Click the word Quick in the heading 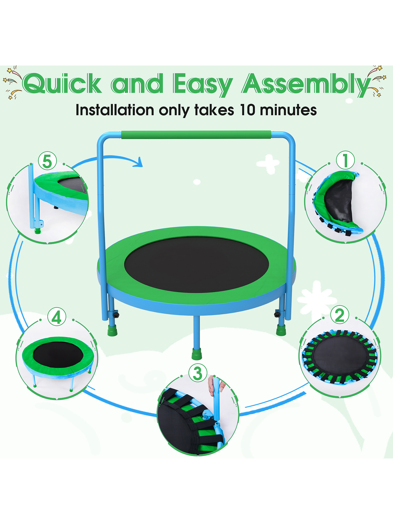pyautogui.click(x=62, y=83)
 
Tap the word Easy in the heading pyautogui.click(x=203, y=85)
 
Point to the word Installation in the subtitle pyautogui.click(x=115, y=110)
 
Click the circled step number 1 pyautogui.click(x=345, y=160)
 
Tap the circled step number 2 pyautogui.click(x=340, y=315)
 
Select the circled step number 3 pyautogui.click(x=198, y=373)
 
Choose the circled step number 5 pyautogui.click(x=47, y=161)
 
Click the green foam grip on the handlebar pyautogui.click(x=196, y=135)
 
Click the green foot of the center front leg pyautogui.click(x=197, y=354)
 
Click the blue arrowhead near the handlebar pyautogui.click(x=138, y=162)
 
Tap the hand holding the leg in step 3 pyautogui.click(x=216, y=385)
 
